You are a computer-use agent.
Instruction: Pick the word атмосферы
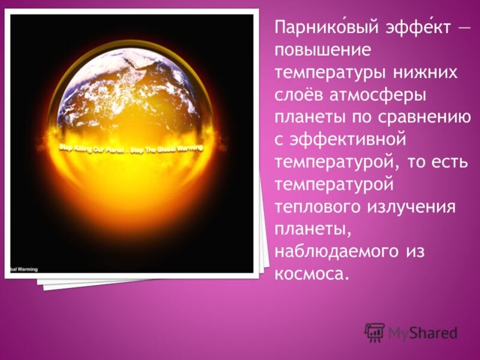tap(381, 95)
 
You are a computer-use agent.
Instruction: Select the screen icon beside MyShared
tap(374, 332)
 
